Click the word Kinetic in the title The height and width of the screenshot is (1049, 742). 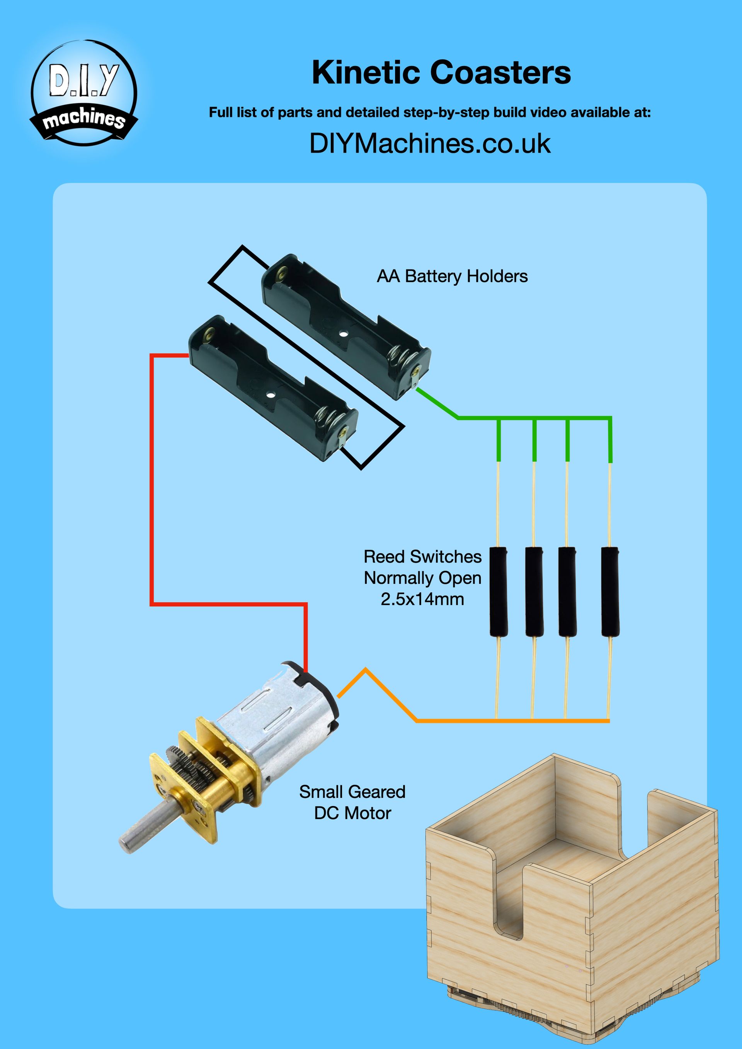366,73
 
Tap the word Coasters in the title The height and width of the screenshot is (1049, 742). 500,73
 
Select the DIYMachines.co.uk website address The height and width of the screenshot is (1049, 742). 429,143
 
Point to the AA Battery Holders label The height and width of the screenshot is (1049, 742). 452,276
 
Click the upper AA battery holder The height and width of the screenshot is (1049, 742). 345,326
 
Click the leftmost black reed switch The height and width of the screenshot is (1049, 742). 499,591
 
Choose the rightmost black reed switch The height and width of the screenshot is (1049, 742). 610,591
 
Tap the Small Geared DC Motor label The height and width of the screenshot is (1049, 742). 352,802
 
